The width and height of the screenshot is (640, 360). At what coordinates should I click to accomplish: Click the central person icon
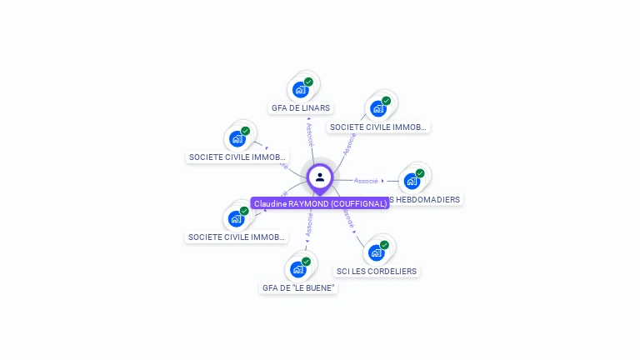point(320,177)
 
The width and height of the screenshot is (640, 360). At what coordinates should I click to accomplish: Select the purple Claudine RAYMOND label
point(320,203)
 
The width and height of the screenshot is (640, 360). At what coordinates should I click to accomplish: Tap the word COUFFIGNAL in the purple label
point(358,203)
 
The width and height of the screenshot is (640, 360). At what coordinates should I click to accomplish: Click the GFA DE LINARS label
point(301,107)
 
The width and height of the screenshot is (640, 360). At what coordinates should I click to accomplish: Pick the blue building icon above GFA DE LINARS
point(300,89)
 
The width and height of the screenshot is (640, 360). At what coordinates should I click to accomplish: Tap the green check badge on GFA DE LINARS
point(308,82)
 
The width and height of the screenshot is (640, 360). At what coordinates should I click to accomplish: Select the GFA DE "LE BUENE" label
point(298,287)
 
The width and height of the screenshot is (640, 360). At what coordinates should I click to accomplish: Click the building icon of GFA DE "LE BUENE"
point(297,269)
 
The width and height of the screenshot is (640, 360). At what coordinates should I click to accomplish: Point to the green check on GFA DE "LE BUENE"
point(306,262)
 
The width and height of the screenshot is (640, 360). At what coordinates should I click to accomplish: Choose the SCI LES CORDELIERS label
point(377,271)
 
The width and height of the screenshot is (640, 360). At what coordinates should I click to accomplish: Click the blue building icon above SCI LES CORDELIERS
point(376,252)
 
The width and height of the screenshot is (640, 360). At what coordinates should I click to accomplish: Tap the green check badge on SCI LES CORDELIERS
point(384,245)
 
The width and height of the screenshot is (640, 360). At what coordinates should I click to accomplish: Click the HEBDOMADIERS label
point(424,199)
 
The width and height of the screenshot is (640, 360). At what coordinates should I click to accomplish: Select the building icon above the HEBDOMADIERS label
point(412,181)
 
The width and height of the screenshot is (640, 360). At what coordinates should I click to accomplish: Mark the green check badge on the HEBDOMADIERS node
point(420,173)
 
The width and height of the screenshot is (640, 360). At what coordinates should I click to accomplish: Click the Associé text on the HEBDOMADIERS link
point(366,180)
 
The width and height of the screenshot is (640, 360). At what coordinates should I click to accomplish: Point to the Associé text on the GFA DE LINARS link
point(311,136)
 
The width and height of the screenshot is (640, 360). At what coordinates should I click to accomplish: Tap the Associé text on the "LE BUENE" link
point(309,222)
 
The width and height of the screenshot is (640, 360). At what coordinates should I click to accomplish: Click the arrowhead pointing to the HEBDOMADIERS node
point(383,180)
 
